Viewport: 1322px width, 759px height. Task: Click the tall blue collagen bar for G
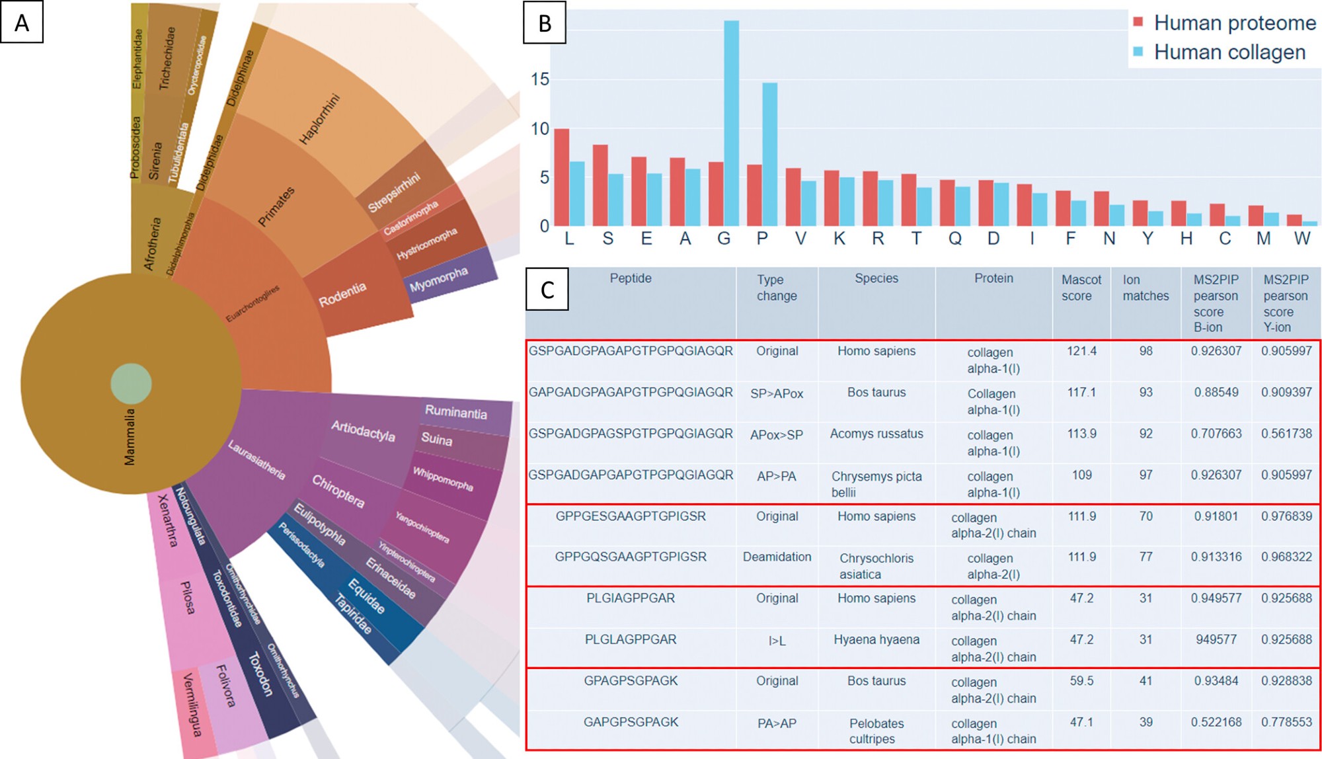click(731, 124)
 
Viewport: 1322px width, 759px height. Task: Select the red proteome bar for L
click(561, 177)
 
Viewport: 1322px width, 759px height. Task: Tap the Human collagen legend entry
click(1229, 52)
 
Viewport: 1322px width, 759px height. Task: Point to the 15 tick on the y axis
click(540, 79)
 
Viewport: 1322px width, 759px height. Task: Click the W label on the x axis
click(1302, 239)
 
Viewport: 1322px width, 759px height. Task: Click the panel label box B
click(545, 23)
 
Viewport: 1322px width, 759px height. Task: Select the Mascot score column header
click(1081, 288)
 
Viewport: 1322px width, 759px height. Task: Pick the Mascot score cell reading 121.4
click(1081, 351)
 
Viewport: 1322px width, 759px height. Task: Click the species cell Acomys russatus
click(876, 434)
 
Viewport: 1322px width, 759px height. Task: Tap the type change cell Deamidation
click(777, 557)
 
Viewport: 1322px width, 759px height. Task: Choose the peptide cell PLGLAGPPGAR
click(631, 639)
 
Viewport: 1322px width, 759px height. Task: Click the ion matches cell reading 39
click(1146, 722)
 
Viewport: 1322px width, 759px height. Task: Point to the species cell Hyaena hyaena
click(876, 639)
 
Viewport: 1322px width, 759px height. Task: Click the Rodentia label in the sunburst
click(342, 294)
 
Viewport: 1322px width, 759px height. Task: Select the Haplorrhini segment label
click(320, 119)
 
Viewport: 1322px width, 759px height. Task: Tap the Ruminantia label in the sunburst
click(456, 412)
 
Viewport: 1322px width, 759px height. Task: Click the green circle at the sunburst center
click(131, 383)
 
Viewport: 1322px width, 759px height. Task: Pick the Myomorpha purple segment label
click(439, 280)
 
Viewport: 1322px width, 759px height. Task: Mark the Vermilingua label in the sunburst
click(192, 704)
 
